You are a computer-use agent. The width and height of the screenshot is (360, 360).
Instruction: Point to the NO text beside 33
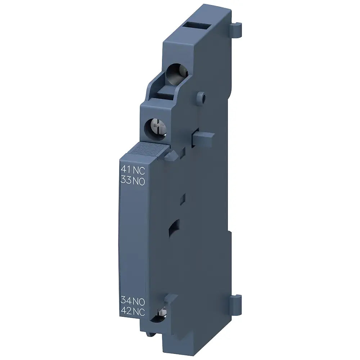click(x=139, y=181)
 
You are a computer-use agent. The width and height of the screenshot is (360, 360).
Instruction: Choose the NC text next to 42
click(x=139, y=312)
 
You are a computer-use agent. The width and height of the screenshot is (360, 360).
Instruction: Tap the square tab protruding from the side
click(x=203, y=139)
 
